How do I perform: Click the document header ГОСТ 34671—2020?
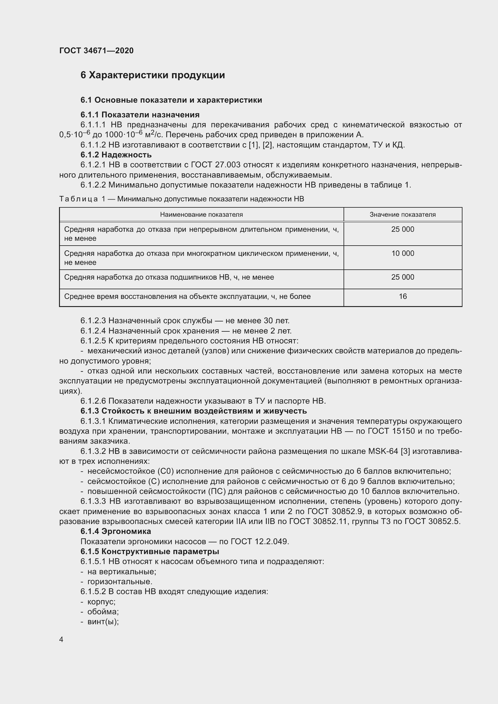[x=96, y=51]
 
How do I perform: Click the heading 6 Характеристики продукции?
[x=152, y=75]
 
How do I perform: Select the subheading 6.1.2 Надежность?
[x=116, y=154]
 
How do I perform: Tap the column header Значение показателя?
[x=402, y=215]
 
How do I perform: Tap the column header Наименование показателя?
[x=201, y=215]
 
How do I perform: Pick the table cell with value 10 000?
[x=402, y=253]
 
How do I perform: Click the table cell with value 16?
[x=402, y=296]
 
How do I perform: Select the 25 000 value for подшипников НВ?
[x=402, y=277]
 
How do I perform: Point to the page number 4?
[x=61, y=639]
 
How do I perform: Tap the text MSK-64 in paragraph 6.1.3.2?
[x=383, y=451]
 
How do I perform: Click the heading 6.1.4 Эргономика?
[x=116, y=531]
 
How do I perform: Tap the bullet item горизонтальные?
[x=120, y=582]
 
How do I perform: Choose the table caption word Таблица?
[x=78, y=199]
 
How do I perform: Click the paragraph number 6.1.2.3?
[x=93, y=321]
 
